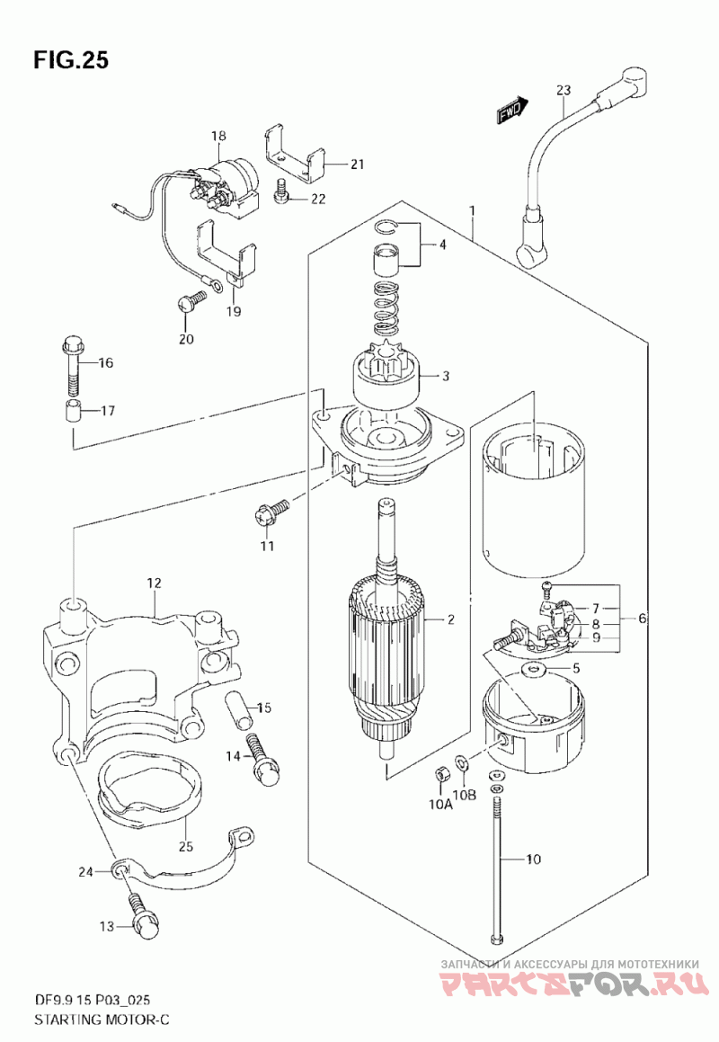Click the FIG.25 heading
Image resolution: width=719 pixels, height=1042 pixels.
point(70,60)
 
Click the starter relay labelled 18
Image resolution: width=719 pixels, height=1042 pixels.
point(225,183)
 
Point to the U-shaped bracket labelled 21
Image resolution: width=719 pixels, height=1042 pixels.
point(295,155)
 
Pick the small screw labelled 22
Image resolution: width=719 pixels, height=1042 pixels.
point(281,191)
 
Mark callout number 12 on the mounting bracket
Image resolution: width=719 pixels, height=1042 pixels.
point(155,583)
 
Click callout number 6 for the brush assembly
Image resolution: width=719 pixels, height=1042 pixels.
point(641,619)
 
